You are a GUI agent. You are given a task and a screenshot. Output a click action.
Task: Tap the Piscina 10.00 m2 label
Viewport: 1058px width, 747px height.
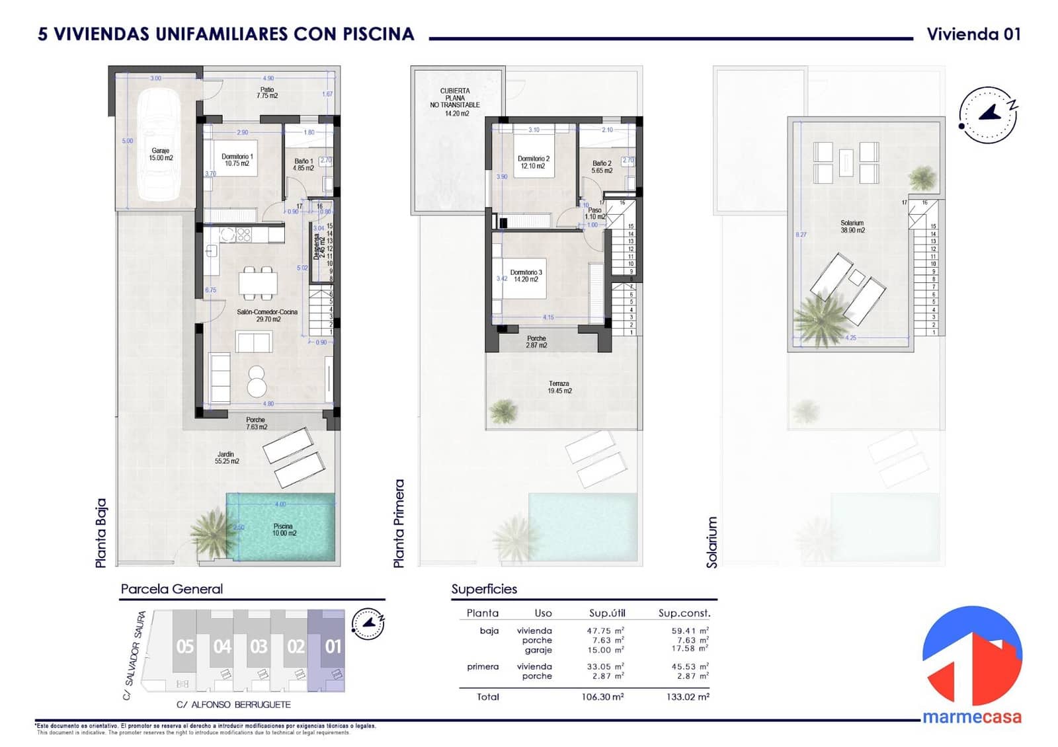pos(284,530)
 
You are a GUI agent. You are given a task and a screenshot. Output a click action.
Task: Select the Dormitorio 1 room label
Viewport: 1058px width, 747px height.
pos(237,160)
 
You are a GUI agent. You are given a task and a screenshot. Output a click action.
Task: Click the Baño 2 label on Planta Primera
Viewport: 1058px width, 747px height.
pos(602,167)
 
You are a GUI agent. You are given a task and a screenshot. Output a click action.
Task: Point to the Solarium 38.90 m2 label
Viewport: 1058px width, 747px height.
pos(852,227)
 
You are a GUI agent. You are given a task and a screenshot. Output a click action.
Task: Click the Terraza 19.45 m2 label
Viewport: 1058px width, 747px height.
pos(559,387)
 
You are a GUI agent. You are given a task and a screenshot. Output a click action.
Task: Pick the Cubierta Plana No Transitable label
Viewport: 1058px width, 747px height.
pos(455,102)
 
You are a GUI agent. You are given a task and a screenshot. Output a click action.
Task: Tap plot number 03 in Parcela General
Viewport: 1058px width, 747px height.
pos(259,646)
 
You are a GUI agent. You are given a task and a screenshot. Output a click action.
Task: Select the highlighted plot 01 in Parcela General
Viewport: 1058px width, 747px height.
pos(333,646)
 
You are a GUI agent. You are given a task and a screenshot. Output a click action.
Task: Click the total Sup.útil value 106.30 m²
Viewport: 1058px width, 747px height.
pos(602,697)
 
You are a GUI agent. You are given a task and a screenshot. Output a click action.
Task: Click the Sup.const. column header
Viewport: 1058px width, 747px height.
pos(684,613)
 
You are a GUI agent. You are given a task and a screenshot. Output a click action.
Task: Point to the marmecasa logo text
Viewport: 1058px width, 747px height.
pos(971,717)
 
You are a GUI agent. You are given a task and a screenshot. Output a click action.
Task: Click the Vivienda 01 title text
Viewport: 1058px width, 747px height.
pos(973,34)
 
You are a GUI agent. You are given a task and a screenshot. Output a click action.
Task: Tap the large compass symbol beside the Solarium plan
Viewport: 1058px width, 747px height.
pos(988,114)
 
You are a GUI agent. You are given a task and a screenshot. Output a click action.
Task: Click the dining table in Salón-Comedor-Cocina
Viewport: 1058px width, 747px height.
pos(259,283)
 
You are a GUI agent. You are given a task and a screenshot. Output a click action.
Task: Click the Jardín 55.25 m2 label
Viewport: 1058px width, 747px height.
pos(227,457)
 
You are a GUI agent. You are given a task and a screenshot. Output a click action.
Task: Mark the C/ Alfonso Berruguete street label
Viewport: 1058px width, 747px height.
pos(233,705)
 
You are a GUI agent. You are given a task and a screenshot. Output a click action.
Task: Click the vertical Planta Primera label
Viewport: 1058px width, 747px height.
pos(399,523)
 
